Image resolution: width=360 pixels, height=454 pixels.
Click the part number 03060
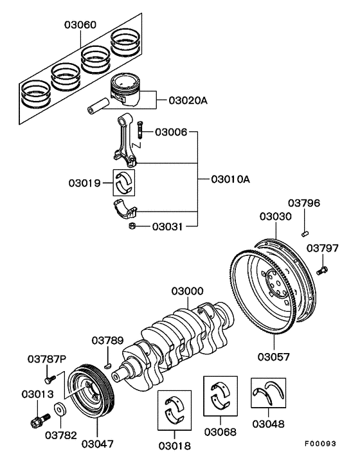80,25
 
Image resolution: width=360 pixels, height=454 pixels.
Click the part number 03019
84,183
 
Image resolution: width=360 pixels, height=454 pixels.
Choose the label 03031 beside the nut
169,226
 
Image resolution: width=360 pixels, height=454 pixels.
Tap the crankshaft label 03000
187,291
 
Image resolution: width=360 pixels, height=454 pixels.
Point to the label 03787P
46,358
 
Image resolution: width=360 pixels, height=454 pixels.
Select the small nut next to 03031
131,226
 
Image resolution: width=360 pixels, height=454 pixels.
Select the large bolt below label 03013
37,422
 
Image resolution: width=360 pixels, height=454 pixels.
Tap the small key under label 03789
109,367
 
